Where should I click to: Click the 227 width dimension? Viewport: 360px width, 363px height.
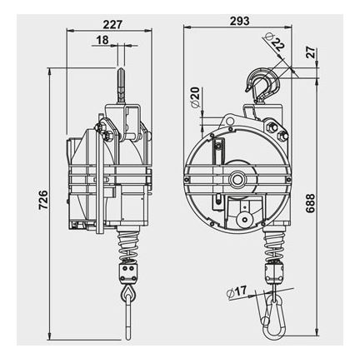click(x=112, y=24)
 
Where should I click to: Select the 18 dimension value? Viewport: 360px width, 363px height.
click(x=102, y=40)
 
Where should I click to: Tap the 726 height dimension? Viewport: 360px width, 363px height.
click(x=43, y=200)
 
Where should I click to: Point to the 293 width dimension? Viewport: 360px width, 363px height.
click(x=240, y=21)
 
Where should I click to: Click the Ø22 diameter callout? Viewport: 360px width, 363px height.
click(x=273, y=42)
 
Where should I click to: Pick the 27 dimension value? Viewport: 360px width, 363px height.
click(x=311, y=52)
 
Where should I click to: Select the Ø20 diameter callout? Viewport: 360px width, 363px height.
click(x=196, y=97)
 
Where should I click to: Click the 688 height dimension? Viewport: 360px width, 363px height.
click(x=310, y=203)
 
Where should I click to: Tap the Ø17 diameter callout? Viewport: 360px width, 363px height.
click(x=237, y=292)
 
